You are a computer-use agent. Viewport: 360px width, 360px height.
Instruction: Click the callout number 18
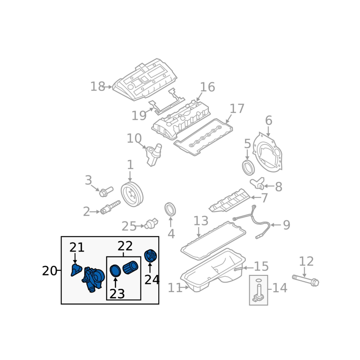click(x=98, y=86)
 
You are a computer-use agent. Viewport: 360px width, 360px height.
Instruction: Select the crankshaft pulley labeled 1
click(x=132, y=194)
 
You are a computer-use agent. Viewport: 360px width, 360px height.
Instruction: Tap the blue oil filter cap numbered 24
click(x=151, y=256)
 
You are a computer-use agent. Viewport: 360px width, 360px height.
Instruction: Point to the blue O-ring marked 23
click(x=115, y=271)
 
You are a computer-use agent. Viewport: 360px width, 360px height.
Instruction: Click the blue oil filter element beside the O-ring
click(x=130, y=267)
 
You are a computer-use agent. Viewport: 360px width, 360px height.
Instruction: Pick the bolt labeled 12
click(x=306, y=280)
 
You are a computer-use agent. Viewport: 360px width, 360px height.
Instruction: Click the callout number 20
click(x=49, y=271)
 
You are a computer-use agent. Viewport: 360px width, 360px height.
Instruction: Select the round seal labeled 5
click(x=248, y=167)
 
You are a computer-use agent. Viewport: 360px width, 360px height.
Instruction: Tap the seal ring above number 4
click(x=170, y=210)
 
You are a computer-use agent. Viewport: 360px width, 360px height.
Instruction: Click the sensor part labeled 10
click(x=153, y=154)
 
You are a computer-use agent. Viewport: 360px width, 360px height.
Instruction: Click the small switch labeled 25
click(x=151, y=223)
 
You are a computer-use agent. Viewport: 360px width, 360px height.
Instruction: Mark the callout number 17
click(x=237, y=108)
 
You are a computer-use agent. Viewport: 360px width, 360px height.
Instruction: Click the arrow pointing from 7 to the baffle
click(x=256, y=198)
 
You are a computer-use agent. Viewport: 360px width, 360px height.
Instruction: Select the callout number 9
click(x=287, y=225)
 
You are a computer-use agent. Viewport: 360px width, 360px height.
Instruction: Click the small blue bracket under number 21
click(x=76, y=270)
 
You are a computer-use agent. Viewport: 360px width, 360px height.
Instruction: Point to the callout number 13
click(x=201, y=220)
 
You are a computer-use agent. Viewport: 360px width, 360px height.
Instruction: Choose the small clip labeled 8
click(x=257, y=183)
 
